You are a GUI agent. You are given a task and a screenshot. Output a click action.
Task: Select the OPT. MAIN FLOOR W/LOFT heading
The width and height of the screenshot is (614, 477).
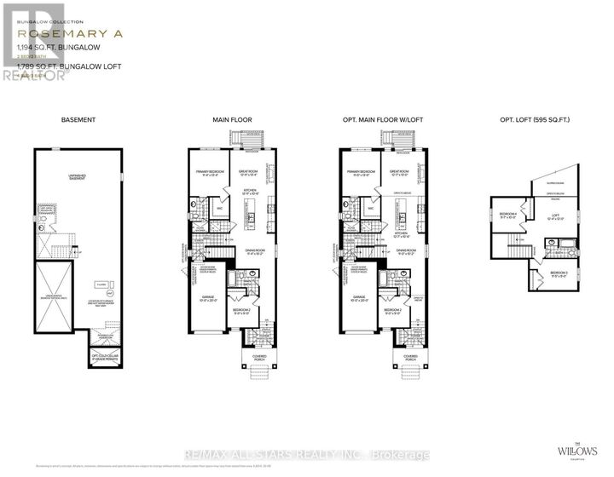point(374,121)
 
